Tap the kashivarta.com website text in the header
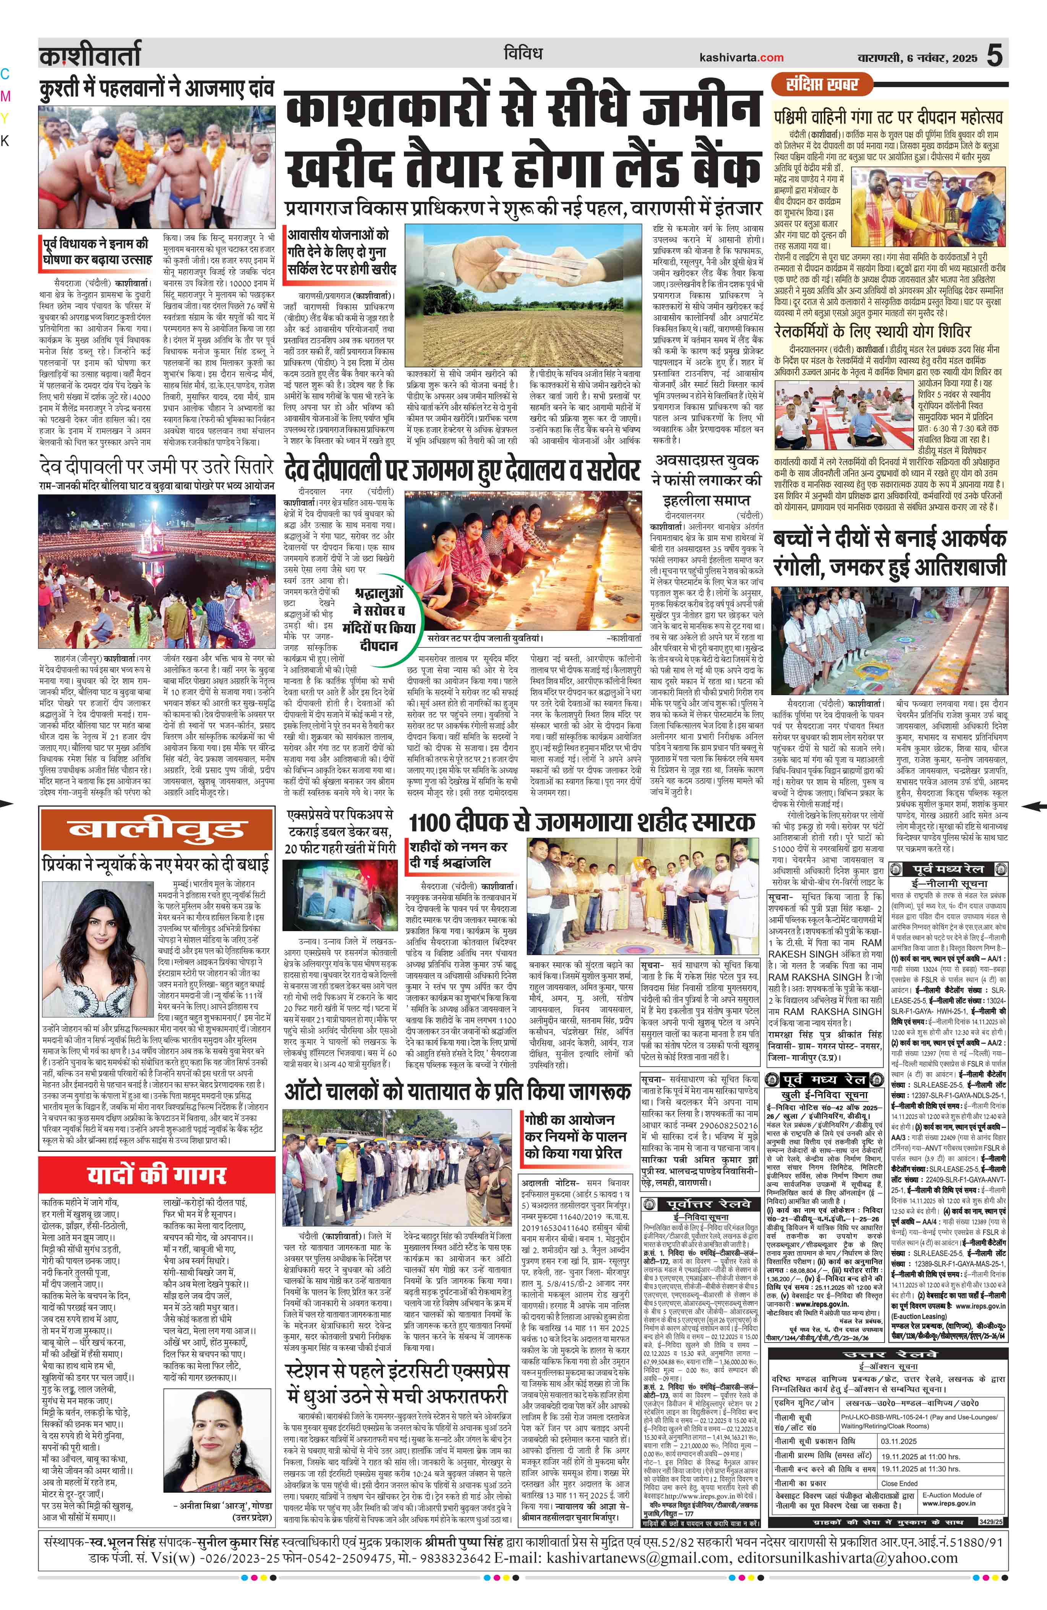[742, 58]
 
